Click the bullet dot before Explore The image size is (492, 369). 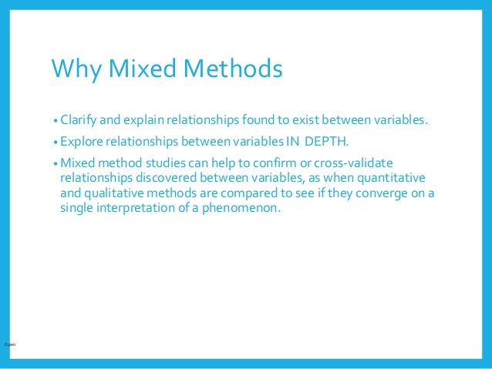56,143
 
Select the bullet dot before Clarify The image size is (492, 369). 56,122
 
